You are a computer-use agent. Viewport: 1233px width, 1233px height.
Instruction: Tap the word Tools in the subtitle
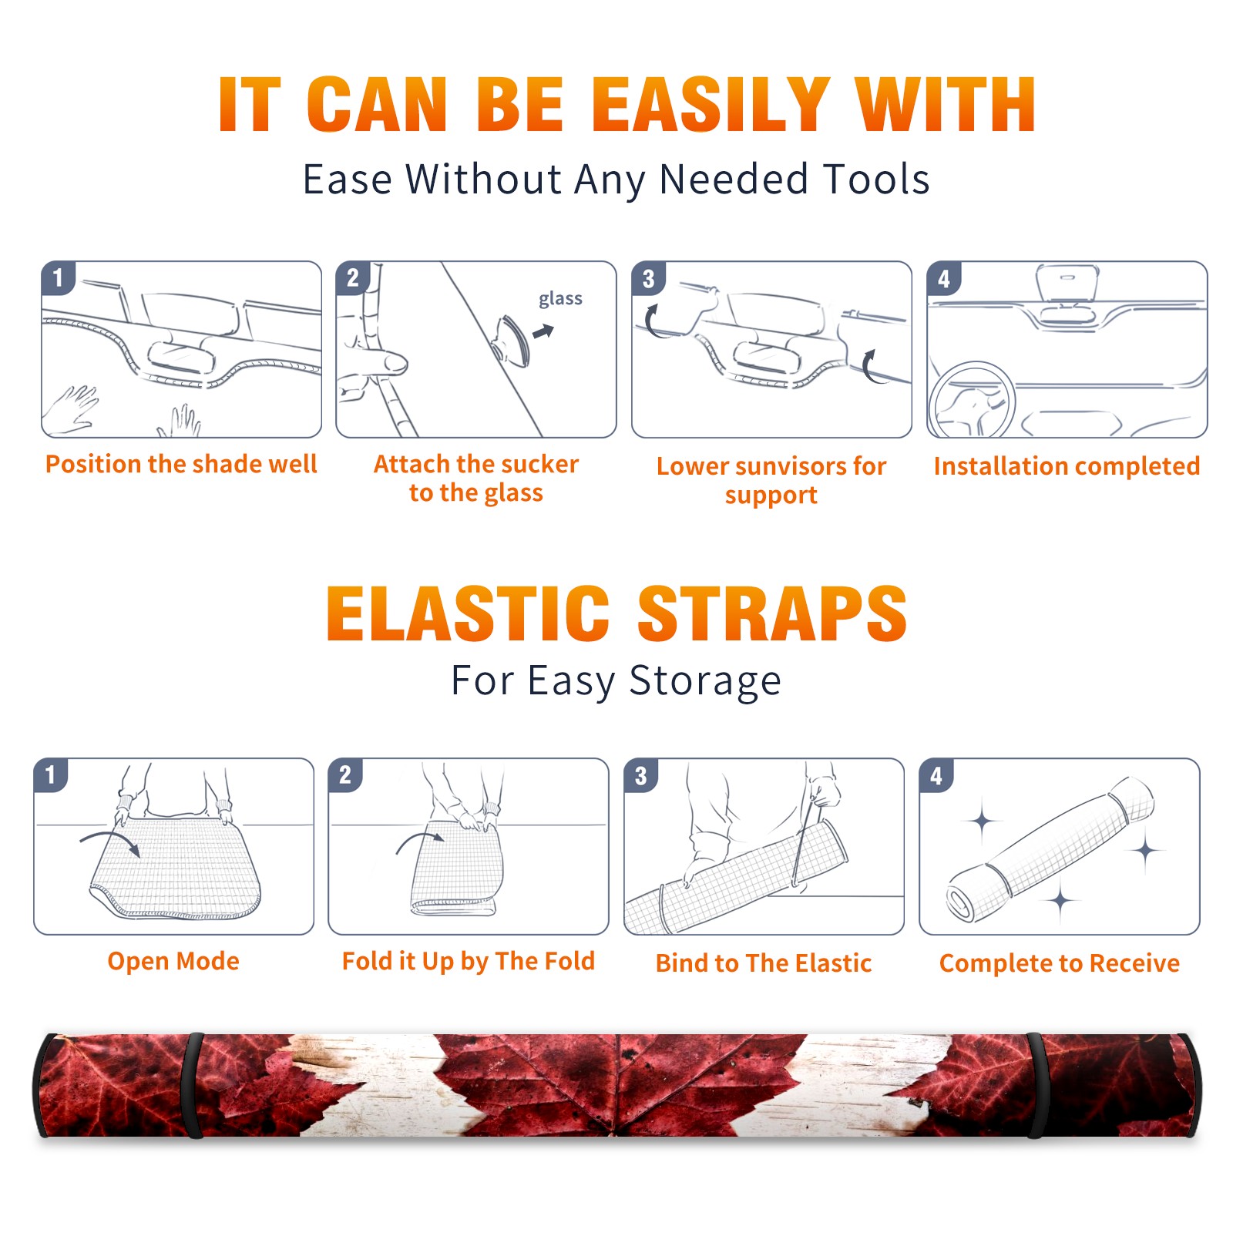point(877,180)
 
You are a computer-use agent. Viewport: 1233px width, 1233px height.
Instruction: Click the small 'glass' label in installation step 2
point(560,299)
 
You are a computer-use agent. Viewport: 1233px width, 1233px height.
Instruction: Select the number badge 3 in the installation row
point(648,278)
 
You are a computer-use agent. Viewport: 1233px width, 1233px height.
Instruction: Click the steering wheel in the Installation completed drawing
point(971,401)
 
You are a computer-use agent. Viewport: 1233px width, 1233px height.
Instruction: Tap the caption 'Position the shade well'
point(181,464)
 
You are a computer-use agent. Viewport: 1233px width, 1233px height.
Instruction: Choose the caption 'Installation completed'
point(1067,466)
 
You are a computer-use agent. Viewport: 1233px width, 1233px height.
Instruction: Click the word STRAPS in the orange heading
point(772,613)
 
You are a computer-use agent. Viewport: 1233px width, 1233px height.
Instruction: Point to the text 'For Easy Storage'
point(616,681)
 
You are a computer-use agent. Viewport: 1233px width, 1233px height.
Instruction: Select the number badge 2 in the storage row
point(345,774)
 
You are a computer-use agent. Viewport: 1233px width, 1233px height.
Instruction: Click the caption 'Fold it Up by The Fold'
point(469,961)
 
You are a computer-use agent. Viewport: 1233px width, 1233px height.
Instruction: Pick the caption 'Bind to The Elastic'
point(764,963)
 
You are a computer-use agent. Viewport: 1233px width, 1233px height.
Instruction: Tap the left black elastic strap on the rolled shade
point(194,1085)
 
